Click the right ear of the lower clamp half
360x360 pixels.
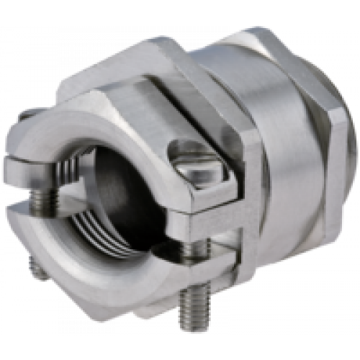coord(209,260)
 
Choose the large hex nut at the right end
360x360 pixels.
coord(338,144)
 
